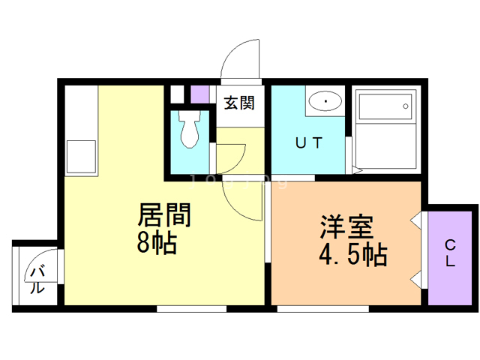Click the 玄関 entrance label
[x=238, y=103]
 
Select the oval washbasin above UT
[x=324, y=101]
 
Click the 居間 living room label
[x=165, y=217]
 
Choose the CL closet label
[x=450, y=253]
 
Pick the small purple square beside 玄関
[x=199, y=94]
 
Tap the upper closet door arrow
[x=415, y=221]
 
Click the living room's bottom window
[x=191, y=307]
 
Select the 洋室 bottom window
[x=322, y=307]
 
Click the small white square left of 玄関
[x=176, y=94]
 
